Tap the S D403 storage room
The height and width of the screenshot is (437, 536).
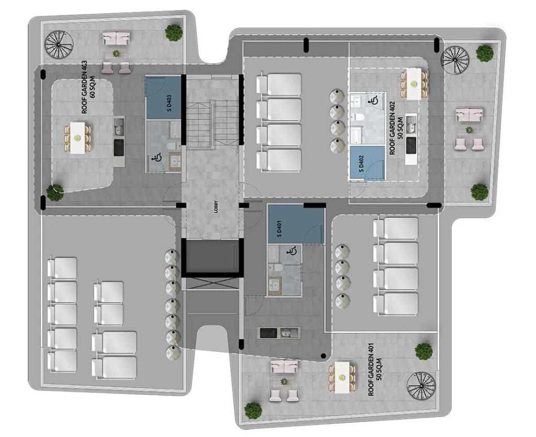163,98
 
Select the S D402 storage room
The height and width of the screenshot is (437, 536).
367,163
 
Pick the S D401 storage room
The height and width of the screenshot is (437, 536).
296,224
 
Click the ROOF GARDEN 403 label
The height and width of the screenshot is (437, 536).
88,87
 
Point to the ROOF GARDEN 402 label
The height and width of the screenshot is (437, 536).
396,128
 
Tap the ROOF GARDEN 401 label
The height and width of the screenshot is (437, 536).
375,370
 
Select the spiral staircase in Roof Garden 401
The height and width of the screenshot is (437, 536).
421,386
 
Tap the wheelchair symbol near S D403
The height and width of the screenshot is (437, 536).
157,158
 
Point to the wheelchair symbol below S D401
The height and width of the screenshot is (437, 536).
292,252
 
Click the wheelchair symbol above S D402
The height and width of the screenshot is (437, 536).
373,100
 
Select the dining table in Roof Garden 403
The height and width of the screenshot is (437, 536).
77,137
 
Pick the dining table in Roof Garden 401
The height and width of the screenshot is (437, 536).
342,377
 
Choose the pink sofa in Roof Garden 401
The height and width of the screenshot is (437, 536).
284,367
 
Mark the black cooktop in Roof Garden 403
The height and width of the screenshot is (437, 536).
119,147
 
